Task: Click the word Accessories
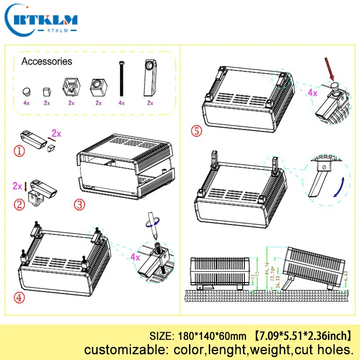click(46, 61)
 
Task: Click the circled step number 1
click(18, 151)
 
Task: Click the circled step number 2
click(18, 205)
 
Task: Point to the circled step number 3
click(79, 204)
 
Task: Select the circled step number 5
click(196, 131)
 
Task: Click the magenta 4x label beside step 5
click(312, 93)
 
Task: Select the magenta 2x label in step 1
click(56, 133)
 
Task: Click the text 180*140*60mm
click(213, 336)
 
